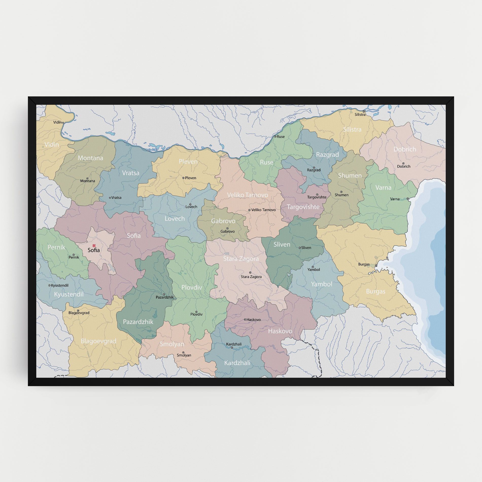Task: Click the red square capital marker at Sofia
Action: pos(94,246)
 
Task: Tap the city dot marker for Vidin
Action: pos(63,123)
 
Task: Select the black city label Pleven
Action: pos(191,178)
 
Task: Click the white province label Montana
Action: pos(90,158)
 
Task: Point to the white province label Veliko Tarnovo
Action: pos(247,195)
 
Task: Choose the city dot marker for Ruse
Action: pos(275,136)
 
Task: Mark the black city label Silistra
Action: pos(360,115)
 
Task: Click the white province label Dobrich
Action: pos(405,149)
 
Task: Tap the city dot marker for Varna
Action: pos(407,199)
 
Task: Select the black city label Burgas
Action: pos(364,264)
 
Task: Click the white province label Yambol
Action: pos(321,284)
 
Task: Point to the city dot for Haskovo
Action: pos(245,320)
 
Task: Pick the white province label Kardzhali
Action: pos(237,363)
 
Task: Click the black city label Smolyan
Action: pos(184,355)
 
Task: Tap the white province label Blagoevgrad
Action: pos(98,341)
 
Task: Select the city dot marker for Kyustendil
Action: pos(49,285)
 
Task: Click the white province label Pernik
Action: pos(56,247)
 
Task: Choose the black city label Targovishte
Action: pos(317,197)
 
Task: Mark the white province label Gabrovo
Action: pos(223,221)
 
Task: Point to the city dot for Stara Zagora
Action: pos(250,272)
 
